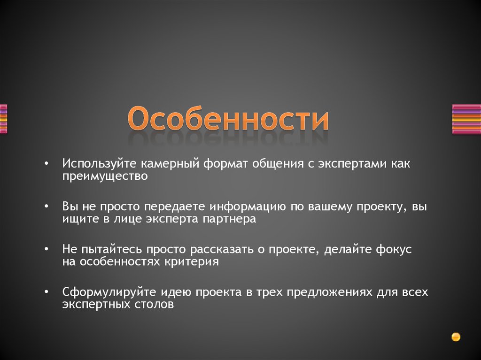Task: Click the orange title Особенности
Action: [229, 120]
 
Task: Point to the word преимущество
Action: [106, 176]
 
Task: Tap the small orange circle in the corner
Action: [455, 337]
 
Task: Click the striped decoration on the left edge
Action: [3, 119]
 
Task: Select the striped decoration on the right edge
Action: [466, 119]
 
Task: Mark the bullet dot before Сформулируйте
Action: [47, 292]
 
